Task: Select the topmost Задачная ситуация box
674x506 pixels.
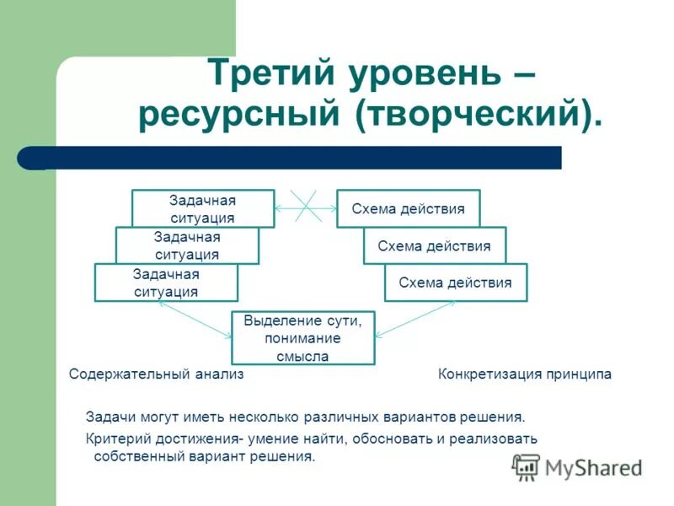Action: [202, 208]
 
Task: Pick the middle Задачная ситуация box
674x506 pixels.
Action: [187, 245]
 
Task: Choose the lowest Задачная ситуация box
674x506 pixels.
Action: [166, 283]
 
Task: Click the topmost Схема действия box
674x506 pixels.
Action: [408, 208]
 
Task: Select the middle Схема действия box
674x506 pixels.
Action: [434, 245]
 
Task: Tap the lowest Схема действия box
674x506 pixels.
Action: [455, 283]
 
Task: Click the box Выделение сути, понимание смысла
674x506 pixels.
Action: [302, 337]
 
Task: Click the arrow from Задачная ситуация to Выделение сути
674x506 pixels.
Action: [193, 320]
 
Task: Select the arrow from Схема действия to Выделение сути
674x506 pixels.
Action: [414, 320]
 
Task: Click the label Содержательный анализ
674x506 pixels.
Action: [156, 374]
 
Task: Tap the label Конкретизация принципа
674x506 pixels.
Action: [524, 374]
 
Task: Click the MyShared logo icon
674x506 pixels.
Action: [526, 466]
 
